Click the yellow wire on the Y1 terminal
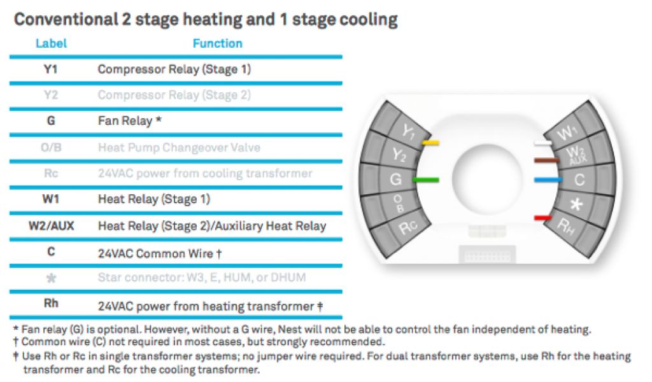click(x=431, y=143)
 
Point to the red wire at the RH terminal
click(x=542, y=218)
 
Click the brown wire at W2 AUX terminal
click(x=546, y=160)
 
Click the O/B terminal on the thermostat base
click(x=398, y=204)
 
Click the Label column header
click(x=50, y=43)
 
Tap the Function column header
click(x=217, y=43)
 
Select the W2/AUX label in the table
click(x=51, y=225)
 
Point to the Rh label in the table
click(x=51, y=304)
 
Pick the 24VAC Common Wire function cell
click(x=159, y=253)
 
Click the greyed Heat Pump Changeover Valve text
click(x=180, y=147)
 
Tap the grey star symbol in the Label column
click(x=51, y=278)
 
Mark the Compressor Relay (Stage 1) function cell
click(x=174, y=69)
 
